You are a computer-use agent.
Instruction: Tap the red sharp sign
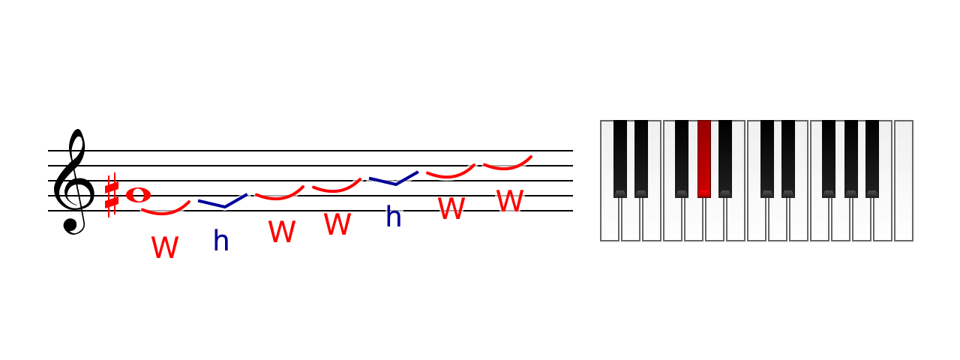coord(112,196)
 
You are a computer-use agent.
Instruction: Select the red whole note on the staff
coord(138,195)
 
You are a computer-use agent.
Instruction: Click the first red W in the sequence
coord(165,247)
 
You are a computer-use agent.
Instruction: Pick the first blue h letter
coord(221,241)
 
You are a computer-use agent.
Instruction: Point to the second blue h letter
coord(394,216)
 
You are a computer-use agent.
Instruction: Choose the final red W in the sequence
coord(509,200)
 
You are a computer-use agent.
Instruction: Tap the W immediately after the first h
coord(282,232)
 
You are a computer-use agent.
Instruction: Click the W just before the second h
coord(337,223)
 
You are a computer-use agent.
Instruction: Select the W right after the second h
coord(451,208)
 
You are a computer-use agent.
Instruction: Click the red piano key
coord(704,159)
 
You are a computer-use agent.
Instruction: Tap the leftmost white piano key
coord(610,218)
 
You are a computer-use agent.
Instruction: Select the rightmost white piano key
coord(904,181)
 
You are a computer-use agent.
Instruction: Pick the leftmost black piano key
coord(620,159)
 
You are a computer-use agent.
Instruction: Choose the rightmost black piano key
coord(872,159)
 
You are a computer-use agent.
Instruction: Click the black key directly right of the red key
coord(725,159)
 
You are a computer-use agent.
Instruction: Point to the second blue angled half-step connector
coord(395,184)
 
